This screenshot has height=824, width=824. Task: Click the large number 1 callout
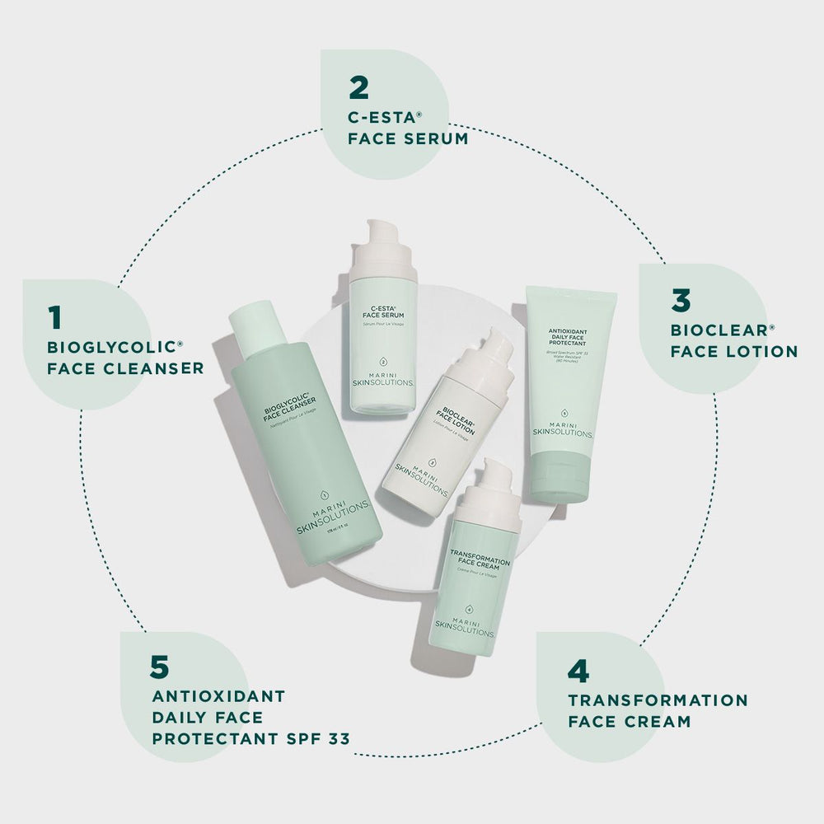[55, 316]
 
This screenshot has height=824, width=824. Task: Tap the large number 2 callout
[358, 87]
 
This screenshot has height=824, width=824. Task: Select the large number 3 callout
[681, 301]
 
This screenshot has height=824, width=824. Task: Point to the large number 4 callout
[579, 671]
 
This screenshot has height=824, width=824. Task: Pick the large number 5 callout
[161, 664]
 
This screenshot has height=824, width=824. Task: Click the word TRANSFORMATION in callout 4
[658, 700]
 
